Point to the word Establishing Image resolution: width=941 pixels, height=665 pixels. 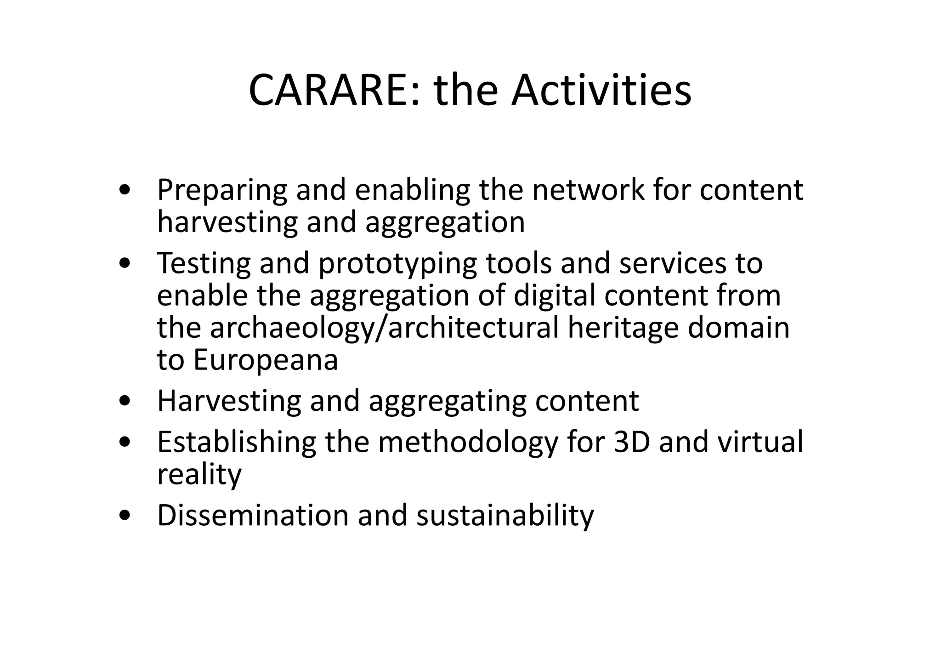[237, 442]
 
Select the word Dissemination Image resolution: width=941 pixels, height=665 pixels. [253, 515]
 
